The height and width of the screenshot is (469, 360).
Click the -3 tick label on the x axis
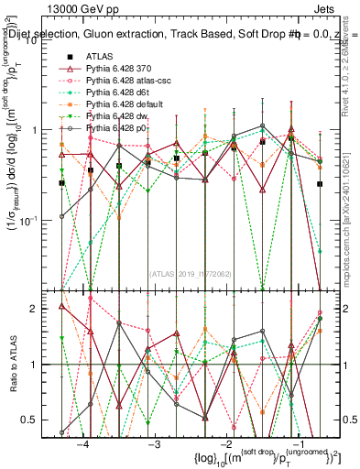[x=154, y=444]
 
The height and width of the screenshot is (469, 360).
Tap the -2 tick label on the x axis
[x=225, y=444]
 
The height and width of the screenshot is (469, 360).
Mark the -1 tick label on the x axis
[x=296, y=444]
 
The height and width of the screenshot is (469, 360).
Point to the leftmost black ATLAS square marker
[x=61, y=183]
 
